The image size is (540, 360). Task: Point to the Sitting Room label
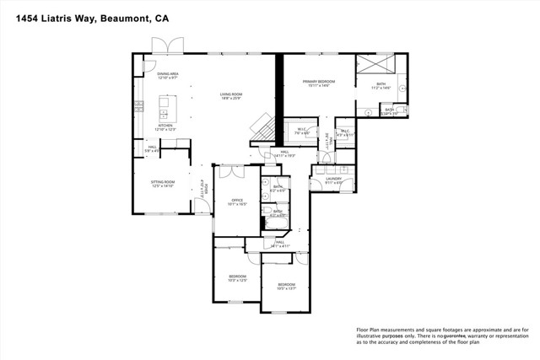pos(162,183)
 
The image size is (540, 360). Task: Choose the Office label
pos(238,201)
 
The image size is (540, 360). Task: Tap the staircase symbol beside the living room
pos(262,127)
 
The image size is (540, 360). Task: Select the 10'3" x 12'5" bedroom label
pos(237,278)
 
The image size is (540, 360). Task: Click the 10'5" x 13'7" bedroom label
pos(287,286)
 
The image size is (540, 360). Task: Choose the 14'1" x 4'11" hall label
pos(280,244)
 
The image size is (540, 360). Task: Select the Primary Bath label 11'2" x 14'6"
pos(381,86)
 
